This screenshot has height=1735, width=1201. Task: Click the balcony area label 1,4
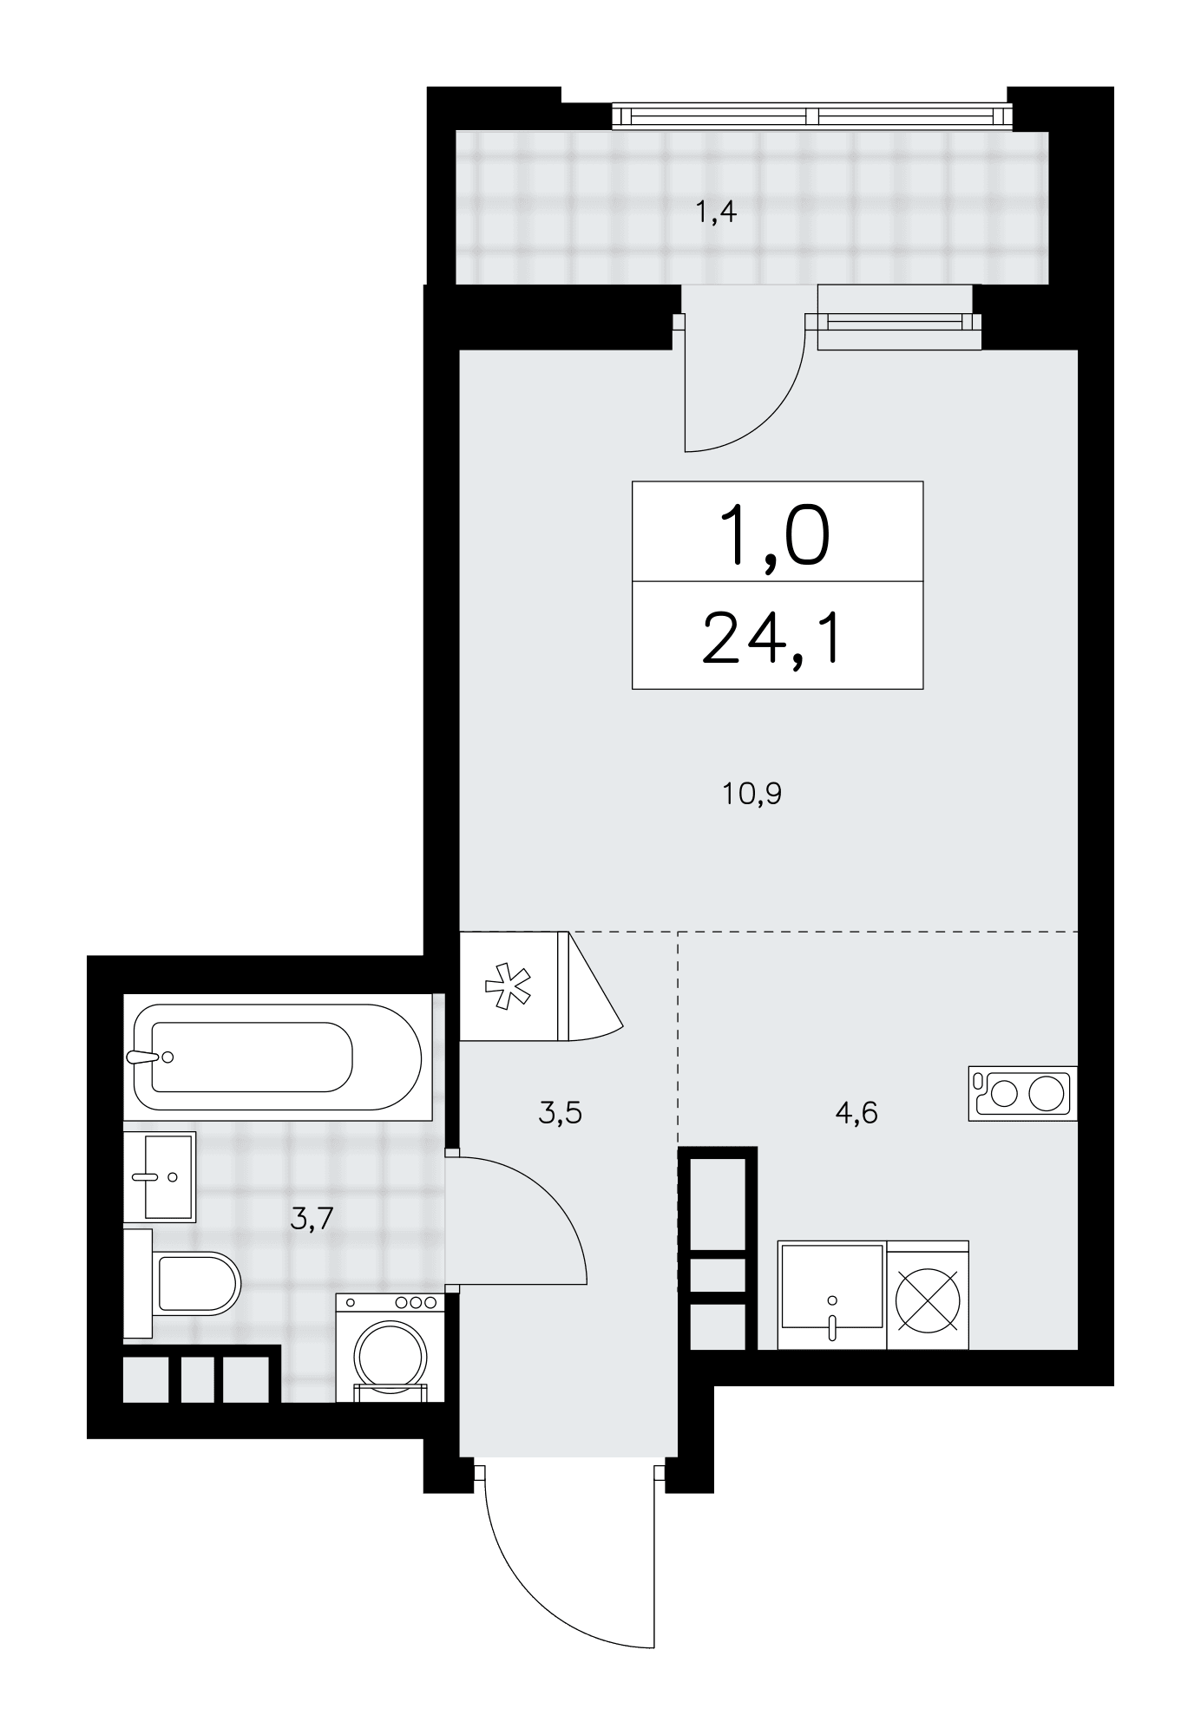click(x=716, y=211)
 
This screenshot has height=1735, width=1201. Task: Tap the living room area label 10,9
click(x=751, y=793)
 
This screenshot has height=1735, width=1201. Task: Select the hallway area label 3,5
click(x=560, y=1112)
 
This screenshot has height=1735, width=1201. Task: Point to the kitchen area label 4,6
click(x=856, y=1112)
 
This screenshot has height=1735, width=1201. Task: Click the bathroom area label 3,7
click(x=312, y=1219)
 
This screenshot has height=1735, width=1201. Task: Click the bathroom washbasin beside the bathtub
click(x=160, y=1176)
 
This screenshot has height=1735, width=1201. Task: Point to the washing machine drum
click(x=390, y=1356)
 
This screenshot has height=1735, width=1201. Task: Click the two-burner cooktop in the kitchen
click(x=1022, y=1093)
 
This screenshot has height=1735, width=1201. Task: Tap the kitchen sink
click(x=832, y=1294)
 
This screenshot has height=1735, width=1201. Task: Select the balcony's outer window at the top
click(x=812, y=115)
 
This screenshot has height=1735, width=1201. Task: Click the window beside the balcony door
click(x=894, y=323)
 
